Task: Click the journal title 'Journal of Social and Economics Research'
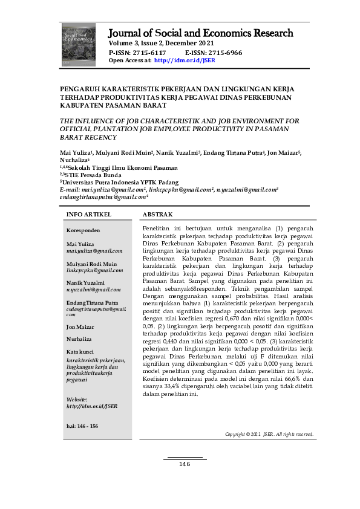pyautogui.click(x=201, y=33)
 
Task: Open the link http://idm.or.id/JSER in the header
pyautogui.click(x=185, y=60)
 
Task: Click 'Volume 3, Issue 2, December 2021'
pyautogui.click(x=162, y=44)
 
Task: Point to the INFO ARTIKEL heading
pyautogui.click(x=88, y=215)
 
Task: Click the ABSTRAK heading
pyautogui.click(x=157, y=215)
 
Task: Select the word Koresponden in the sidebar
pyautogui.click(x=83, y=230)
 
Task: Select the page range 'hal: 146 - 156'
pyautogui.click(x=82, y=426)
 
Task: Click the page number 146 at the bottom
pyautogui.click(x=185, y=464)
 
